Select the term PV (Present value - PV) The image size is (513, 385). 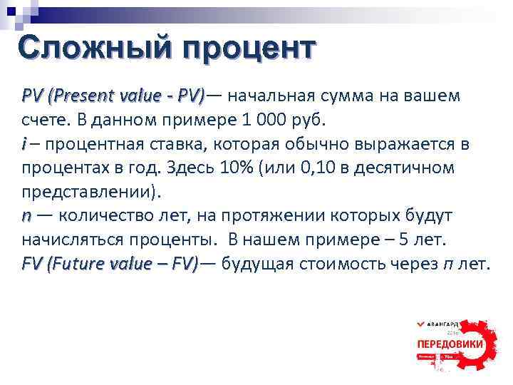click(113, 95)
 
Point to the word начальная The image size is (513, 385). click(274, 95)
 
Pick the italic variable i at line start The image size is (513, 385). click(25, 144)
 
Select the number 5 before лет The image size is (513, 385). click(411, 240)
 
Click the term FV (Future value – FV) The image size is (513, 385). click(110, 264)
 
